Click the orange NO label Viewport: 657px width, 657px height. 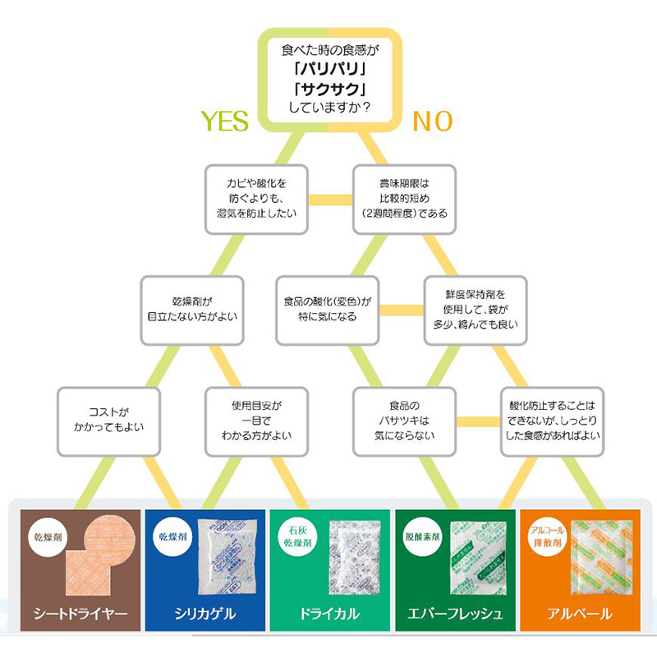432,121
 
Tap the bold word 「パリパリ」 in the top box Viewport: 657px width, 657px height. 328,69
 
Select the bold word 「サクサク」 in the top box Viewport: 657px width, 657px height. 328,89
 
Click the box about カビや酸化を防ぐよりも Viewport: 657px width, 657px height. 256,198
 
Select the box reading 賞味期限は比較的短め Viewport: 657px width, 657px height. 401,198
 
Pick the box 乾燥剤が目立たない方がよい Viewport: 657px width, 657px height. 191,309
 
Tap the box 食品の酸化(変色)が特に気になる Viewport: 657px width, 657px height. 328,309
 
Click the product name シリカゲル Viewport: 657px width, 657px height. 204,613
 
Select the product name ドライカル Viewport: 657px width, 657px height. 330,613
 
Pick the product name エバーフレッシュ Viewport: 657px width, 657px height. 457,613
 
